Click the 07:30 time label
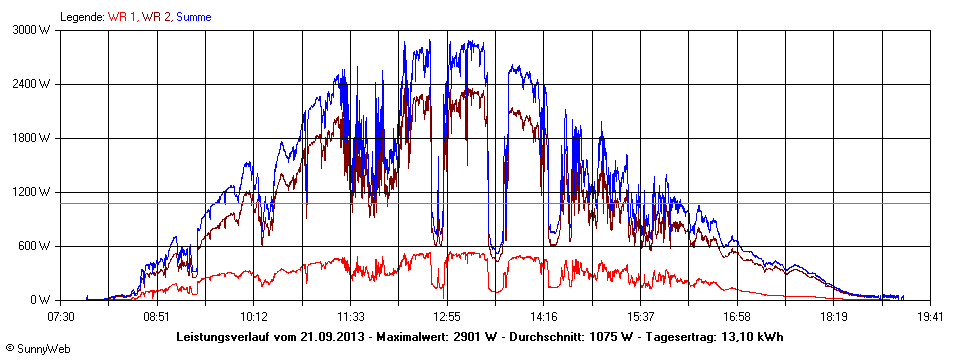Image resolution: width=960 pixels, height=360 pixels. [x=61, y=315]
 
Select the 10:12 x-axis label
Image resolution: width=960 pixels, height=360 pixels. [x=254, y=315]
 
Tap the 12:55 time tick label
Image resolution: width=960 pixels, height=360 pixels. [x=447, y=315]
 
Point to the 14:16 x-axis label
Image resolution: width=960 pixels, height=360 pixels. [x=544, y=315]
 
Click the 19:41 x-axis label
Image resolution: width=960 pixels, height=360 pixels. [x=930, y=315]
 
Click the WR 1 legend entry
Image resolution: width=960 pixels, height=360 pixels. [x=121, y=16]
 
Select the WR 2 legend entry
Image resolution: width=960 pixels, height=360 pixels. [x=158, y=16]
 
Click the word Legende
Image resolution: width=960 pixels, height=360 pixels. [x=81, y=16]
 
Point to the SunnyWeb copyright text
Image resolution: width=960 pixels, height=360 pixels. [x=34, y=348]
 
